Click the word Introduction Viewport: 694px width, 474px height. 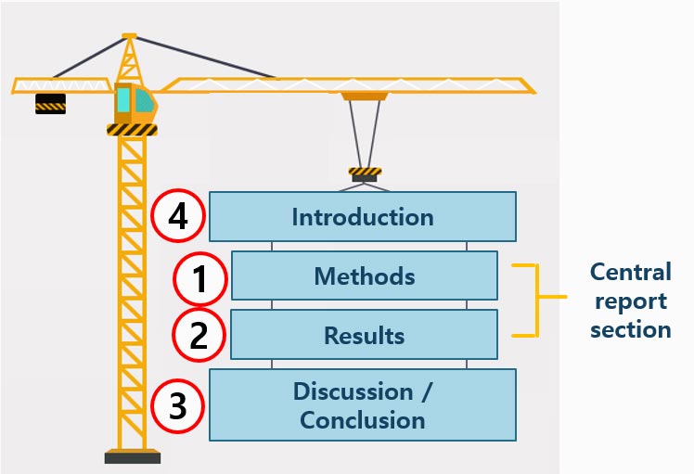point(363,217)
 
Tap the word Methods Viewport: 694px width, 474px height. point(365,276)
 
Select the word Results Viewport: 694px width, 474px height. point(365,336)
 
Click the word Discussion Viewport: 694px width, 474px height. point(353,391)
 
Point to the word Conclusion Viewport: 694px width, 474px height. point(363,420)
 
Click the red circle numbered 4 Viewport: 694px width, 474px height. point(178,215)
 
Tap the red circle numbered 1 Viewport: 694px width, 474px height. point(200,279)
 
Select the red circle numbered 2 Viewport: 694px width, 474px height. point(199,335)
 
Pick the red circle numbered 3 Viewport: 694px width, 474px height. point(177,406)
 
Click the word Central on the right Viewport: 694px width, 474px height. point(631,272)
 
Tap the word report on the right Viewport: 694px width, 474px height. point(631,301)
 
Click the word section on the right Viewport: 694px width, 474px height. point(631,330)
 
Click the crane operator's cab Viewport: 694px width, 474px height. point(135,104)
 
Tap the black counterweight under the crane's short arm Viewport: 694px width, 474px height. point(50,104)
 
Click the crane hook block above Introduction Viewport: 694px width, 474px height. point(365,174)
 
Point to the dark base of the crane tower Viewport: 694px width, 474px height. point(133,456)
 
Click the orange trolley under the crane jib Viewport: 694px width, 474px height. point(365,96)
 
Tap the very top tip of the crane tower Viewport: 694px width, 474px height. point(129,34)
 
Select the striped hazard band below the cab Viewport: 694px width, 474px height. point(132,130)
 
